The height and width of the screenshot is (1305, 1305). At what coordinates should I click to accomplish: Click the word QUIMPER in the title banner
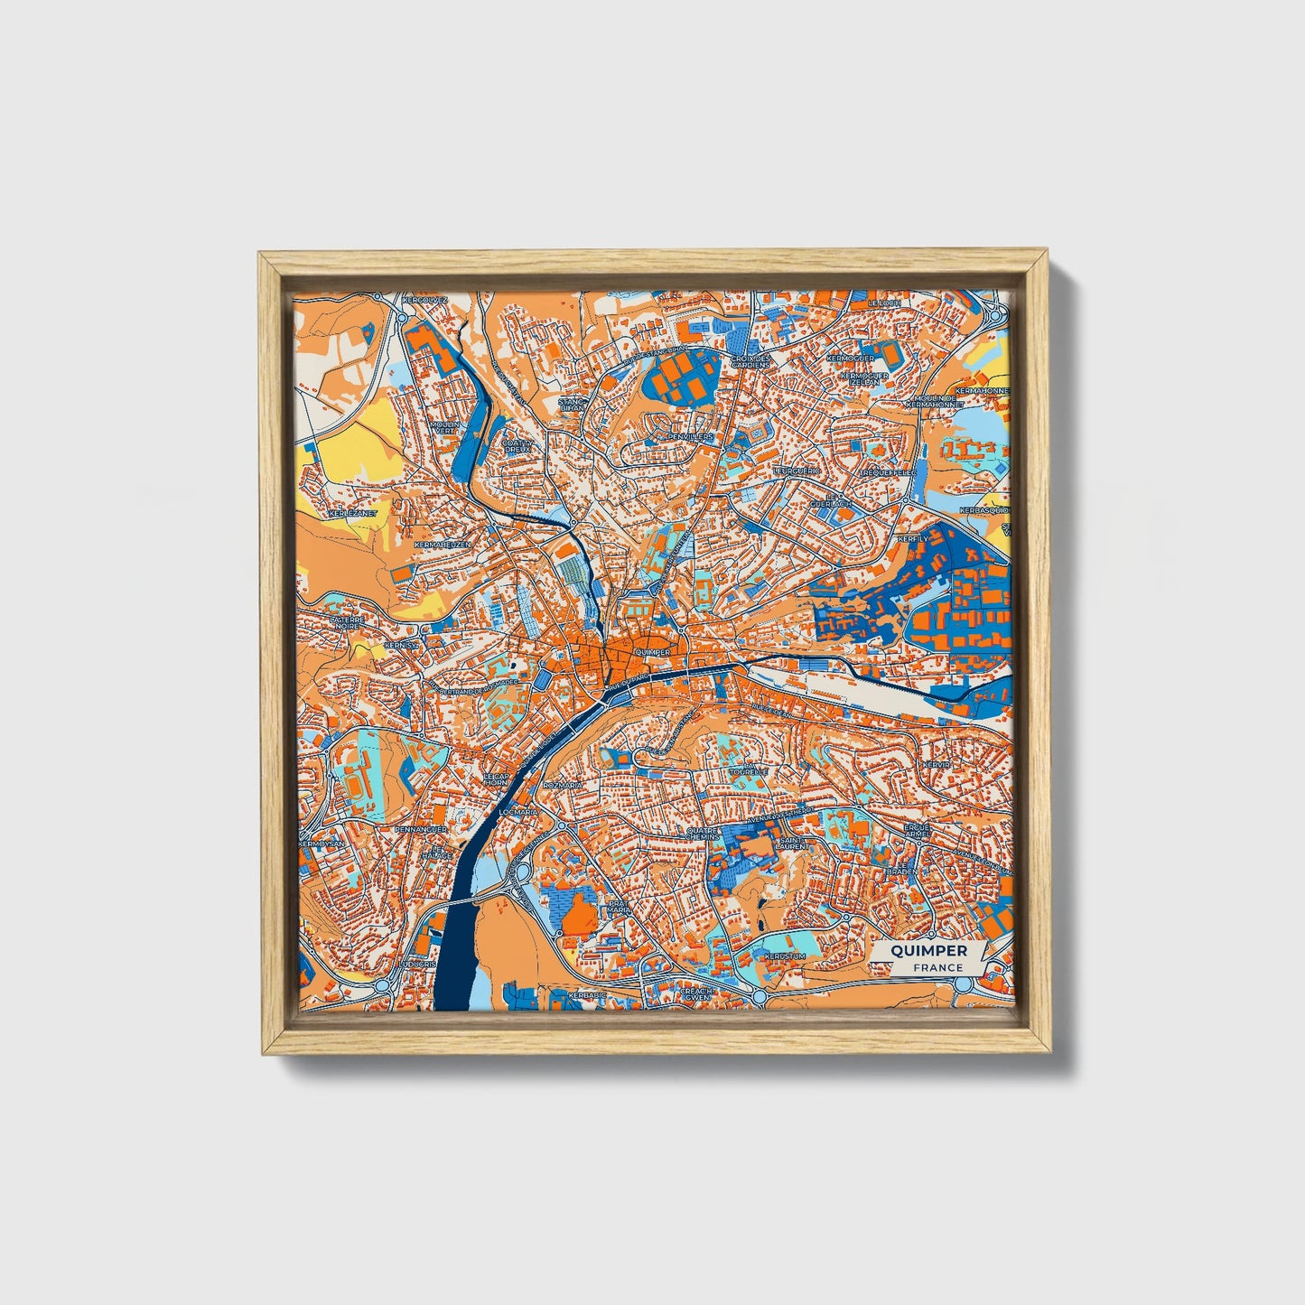[x=928, y=950]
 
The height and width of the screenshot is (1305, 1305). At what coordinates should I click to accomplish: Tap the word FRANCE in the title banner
[x=937, y=967]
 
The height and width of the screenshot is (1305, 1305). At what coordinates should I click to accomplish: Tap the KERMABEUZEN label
[x=442, y=545]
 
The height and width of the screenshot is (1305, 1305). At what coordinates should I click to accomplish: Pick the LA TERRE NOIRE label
[x=347, y=623]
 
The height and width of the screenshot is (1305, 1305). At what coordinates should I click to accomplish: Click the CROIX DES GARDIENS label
[x=752, y=361]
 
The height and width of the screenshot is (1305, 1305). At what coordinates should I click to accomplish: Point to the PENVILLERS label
[x=690, y=437]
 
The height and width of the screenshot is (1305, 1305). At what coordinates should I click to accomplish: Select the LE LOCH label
[x=884, y=303]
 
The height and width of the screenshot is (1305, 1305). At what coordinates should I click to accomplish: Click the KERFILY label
[x=912, y=539]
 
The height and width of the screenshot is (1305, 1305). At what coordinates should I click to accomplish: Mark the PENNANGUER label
[x=396, y=827]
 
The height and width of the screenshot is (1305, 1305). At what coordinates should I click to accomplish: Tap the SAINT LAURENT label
[x=792, y=844]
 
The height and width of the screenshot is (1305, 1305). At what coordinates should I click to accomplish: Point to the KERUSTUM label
[x=783, y=955]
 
